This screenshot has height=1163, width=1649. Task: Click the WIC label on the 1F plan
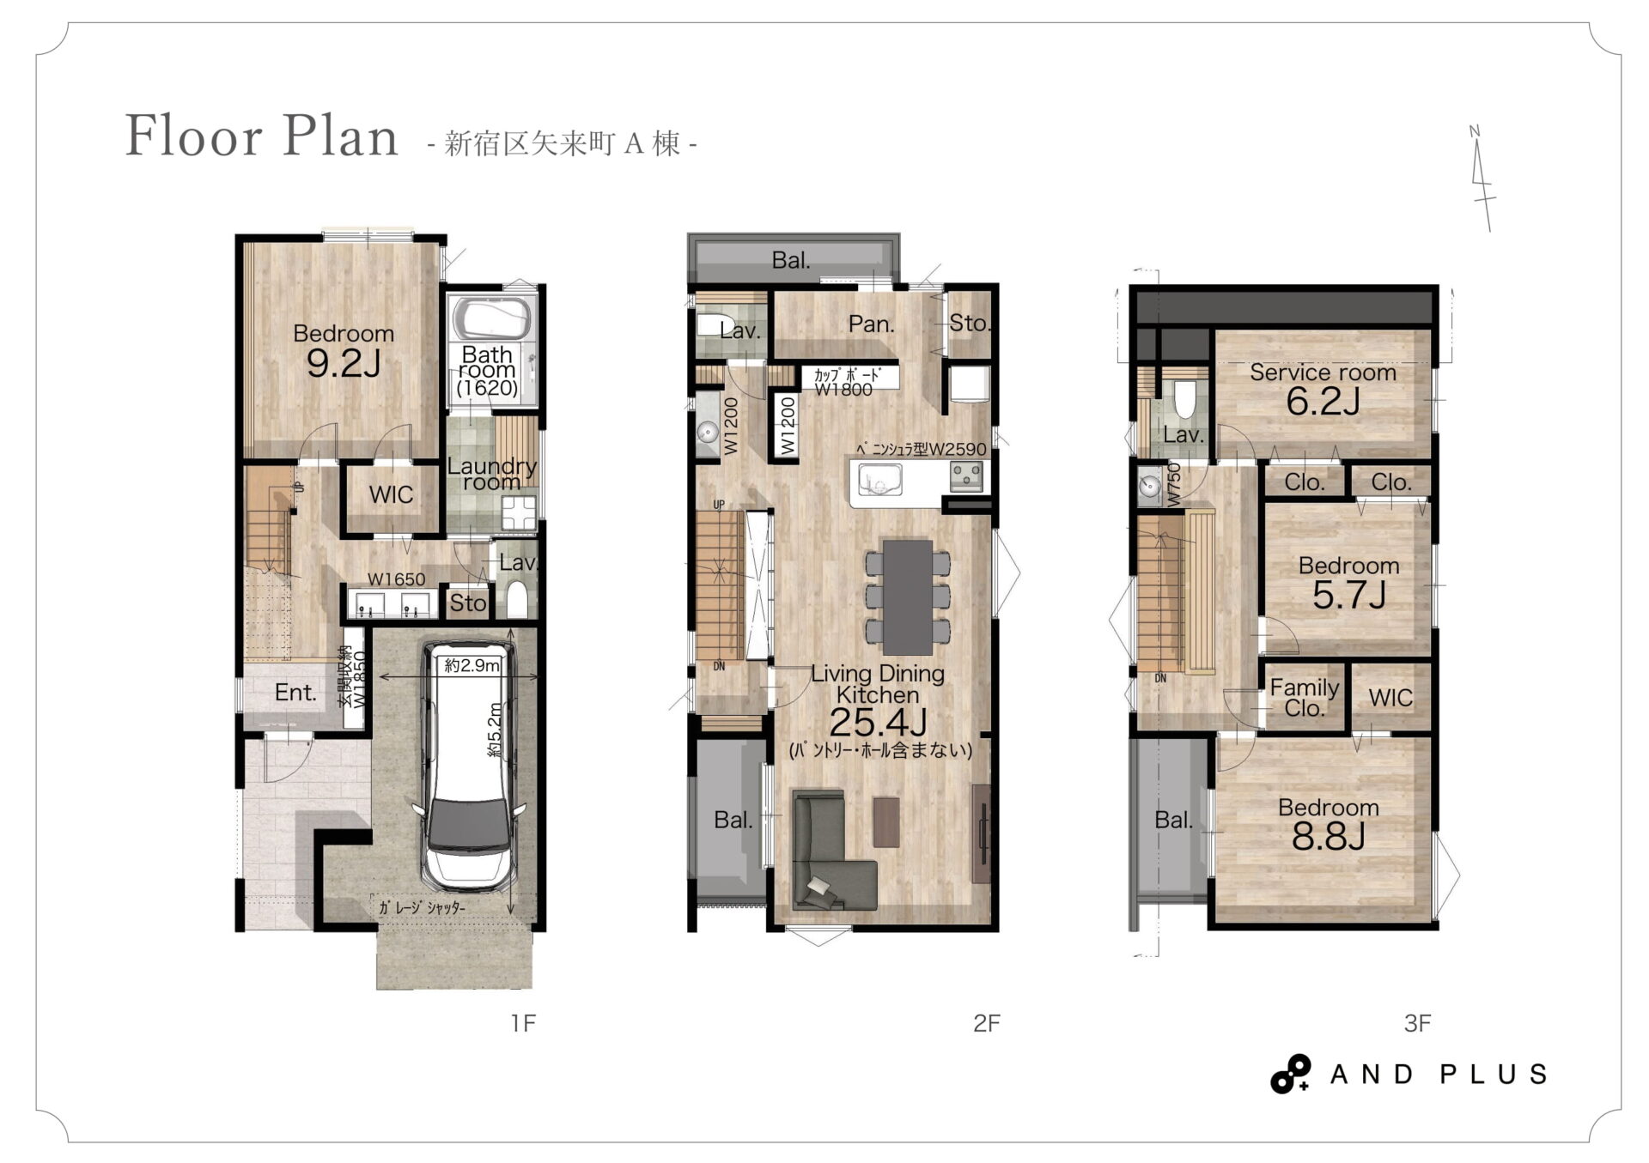[391, 494]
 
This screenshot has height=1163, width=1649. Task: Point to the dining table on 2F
[908, 597]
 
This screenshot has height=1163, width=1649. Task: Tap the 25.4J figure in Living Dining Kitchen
[878, 723]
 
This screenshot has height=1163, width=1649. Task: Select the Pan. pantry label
[872, 324]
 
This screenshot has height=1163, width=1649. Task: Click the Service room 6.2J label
[1323, 388]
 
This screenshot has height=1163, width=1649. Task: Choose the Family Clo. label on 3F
[1304, 698]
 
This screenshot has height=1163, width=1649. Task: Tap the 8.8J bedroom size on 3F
[1328, 836]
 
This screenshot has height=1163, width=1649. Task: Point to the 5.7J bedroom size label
[1348, 595]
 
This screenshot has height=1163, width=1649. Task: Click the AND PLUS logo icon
[1291, 1074]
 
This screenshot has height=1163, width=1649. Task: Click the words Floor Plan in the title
[262, 136]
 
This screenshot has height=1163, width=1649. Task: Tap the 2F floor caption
[987, 1023]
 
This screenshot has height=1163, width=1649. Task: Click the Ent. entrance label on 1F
[295, 693]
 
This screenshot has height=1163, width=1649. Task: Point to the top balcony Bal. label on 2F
[791, 260]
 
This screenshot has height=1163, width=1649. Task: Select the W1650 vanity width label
[396, 579]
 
